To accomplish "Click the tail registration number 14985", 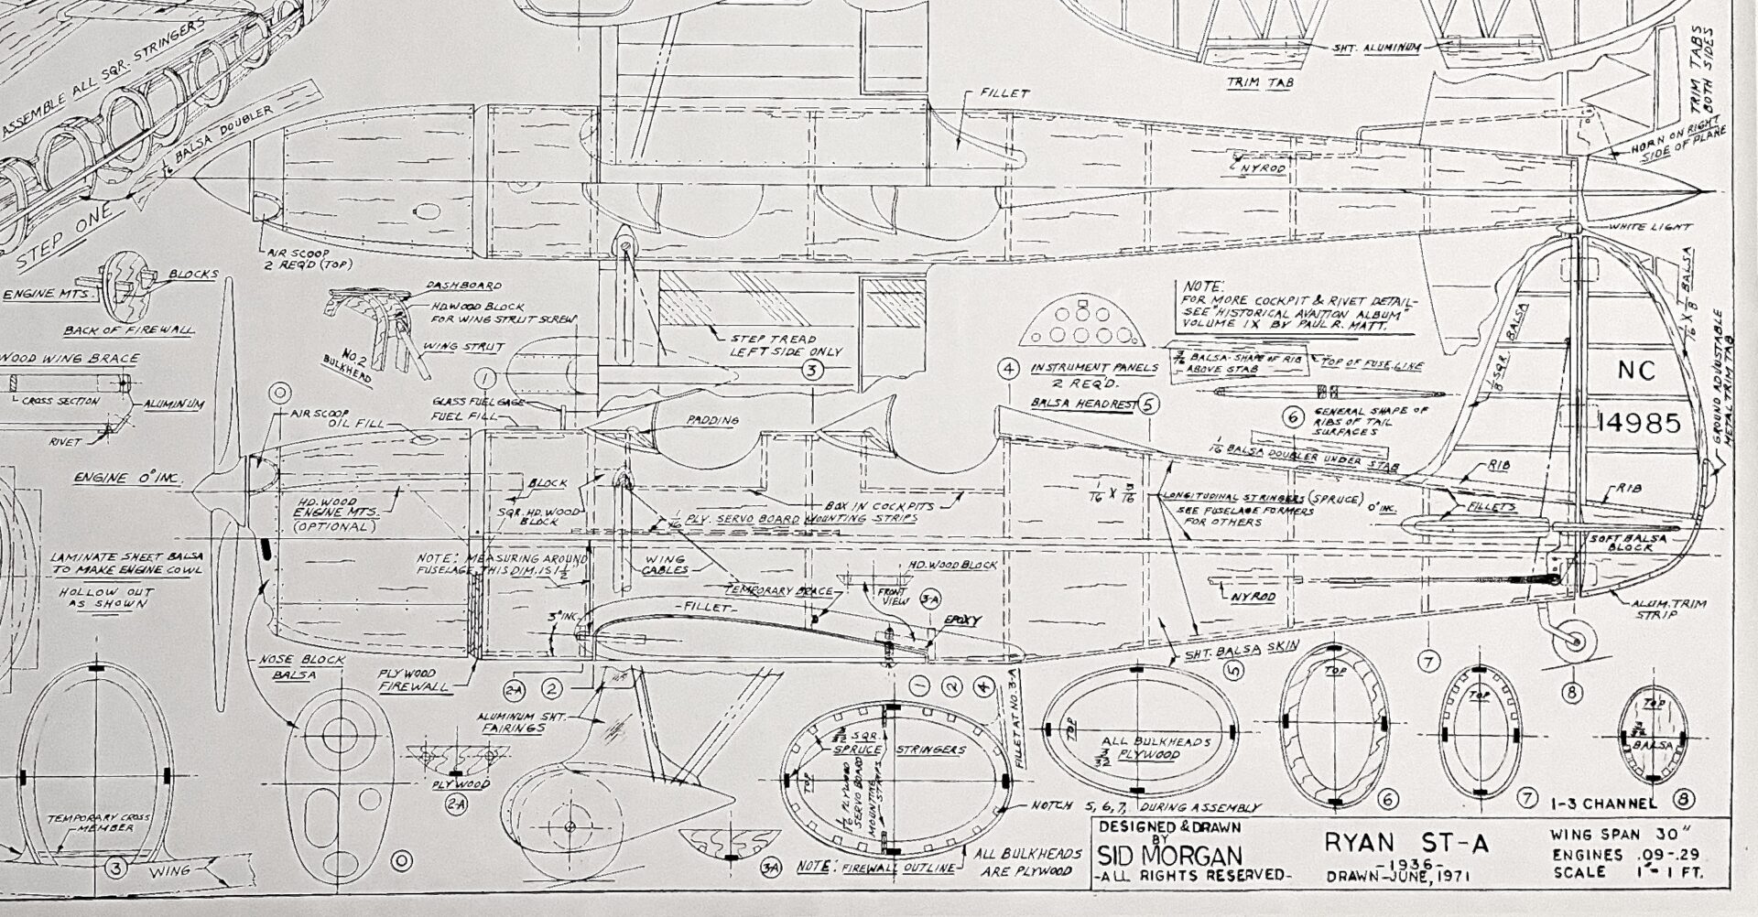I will click(x=1639, y=423).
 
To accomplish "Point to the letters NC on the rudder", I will click(x=1636, y=371).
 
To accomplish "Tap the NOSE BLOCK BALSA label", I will click(x=314, y=667).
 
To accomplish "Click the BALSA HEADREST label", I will click(x=1085, y=403).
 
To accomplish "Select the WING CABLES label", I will click(x=667, y=564).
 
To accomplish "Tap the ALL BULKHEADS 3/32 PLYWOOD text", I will click(x=1130, y=748).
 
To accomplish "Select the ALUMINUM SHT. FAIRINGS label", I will click(x=513, y=722).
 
